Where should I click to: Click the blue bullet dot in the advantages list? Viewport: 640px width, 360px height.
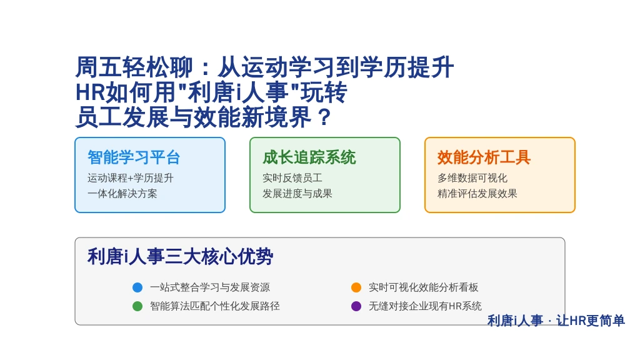click(137, 287)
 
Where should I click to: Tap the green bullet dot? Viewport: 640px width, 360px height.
click(137, 306)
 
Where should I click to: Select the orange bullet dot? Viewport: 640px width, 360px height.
click(356, 287)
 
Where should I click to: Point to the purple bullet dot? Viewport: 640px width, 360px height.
click(356, 306)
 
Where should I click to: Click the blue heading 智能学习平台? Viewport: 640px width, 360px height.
click(134, 157)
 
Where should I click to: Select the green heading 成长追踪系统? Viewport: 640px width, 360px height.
click(309, 157)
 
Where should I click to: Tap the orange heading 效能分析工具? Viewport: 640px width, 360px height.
click(484, 157)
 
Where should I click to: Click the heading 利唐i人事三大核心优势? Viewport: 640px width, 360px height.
click(180, 257)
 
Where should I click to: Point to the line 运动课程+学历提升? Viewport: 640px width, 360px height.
click(130, 178)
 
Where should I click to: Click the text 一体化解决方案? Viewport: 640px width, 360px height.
click(122, 194)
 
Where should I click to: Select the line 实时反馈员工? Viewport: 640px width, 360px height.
click(292, 178)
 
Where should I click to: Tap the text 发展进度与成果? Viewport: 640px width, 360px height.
click(297, 194)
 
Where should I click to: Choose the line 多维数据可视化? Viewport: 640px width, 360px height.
click(472, 178)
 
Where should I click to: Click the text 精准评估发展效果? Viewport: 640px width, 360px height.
click(477, 194)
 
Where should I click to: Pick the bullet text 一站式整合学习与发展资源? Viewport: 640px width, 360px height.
click(210, 287)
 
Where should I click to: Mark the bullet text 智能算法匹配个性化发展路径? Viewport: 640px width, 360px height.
click(215, 306)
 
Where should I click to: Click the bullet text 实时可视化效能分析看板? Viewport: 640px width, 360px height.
click(423, 287)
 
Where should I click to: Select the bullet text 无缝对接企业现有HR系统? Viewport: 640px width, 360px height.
click(425, 306)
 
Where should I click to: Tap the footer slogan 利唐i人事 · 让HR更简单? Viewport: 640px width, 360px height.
click(556, 321)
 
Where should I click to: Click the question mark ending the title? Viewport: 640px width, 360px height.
click(324, 117)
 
